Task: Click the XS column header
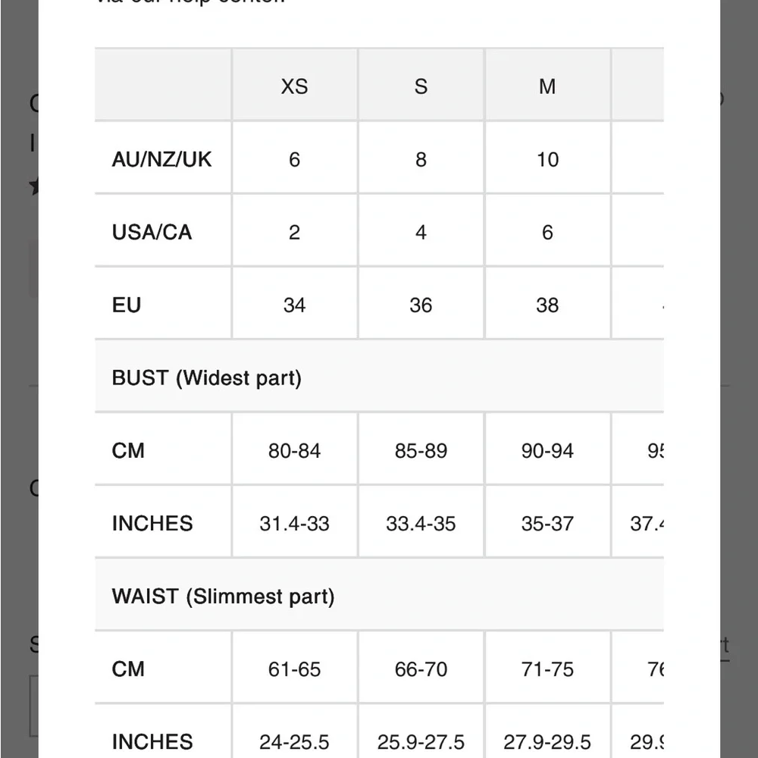point(294,86)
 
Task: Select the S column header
point(421,86)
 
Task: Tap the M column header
point(547,86)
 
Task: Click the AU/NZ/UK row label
point(161,159)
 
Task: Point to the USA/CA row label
point(152,232)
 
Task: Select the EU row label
point(127,305)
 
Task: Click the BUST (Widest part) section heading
point(206,377)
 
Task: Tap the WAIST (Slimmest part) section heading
point(223,597)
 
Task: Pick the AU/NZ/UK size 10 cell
point(547,159)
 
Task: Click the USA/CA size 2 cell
point(294,232)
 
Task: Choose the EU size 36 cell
point(421,305)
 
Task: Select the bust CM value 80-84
point(294,451)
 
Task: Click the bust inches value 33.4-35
point(421,524)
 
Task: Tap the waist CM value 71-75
point(547,669)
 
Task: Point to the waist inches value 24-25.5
point(294,741)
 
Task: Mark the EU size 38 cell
point(547,305)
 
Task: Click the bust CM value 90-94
point(547,451)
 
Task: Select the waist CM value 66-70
point(421,669)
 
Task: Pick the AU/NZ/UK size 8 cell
point(421,159)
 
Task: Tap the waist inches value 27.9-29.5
point(547,741)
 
